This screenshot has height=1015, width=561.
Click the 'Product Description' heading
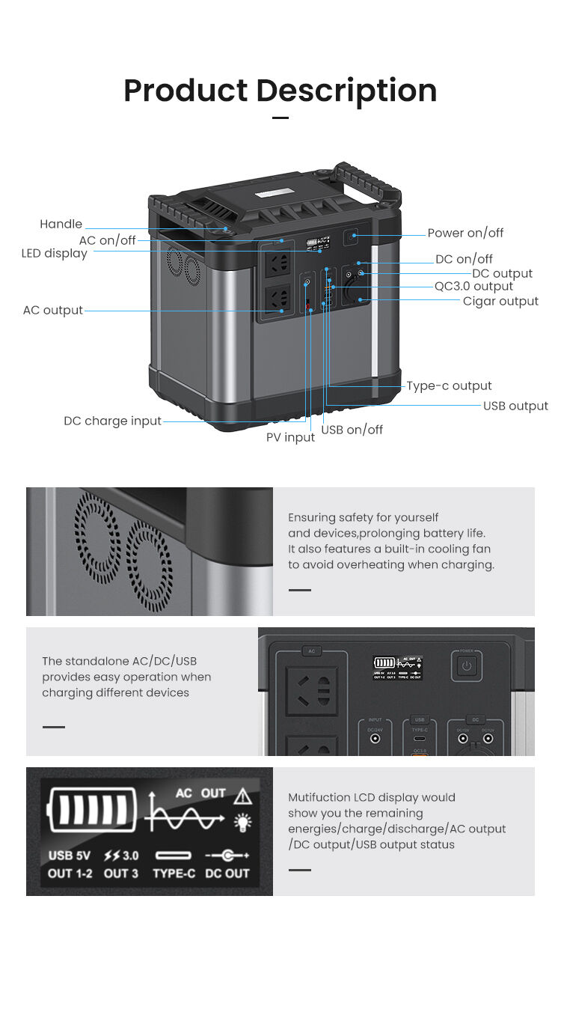(x=280, y=91)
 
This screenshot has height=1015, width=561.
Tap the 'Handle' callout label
(x=61, y=224)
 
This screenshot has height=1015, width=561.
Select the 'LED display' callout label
(x=54, y=253)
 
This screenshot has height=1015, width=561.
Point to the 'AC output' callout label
(x=52, y=310)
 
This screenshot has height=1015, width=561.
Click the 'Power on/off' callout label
(x=465, y=233)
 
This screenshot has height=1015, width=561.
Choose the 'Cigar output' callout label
(x=500, y=301)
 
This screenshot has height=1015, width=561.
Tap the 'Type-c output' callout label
(x=449, y=385)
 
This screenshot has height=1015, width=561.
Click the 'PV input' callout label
(x=290, y=437)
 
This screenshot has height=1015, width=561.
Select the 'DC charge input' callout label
(x=112, y=421)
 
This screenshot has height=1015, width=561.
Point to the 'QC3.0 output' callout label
(x=473, y=286)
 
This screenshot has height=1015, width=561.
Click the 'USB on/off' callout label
(x=352, y=430)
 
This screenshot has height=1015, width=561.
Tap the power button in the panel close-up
(x=466, y=665)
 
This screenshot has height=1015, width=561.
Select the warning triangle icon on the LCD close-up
(x=243, y=795)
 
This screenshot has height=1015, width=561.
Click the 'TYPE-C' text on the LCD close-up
(x=175, y=873)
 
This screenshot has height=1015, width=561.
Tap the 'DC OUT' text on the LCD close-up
(x=227, y=873)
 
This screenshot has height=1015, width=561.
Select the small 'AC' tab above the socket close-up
(x=312, y=651)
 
